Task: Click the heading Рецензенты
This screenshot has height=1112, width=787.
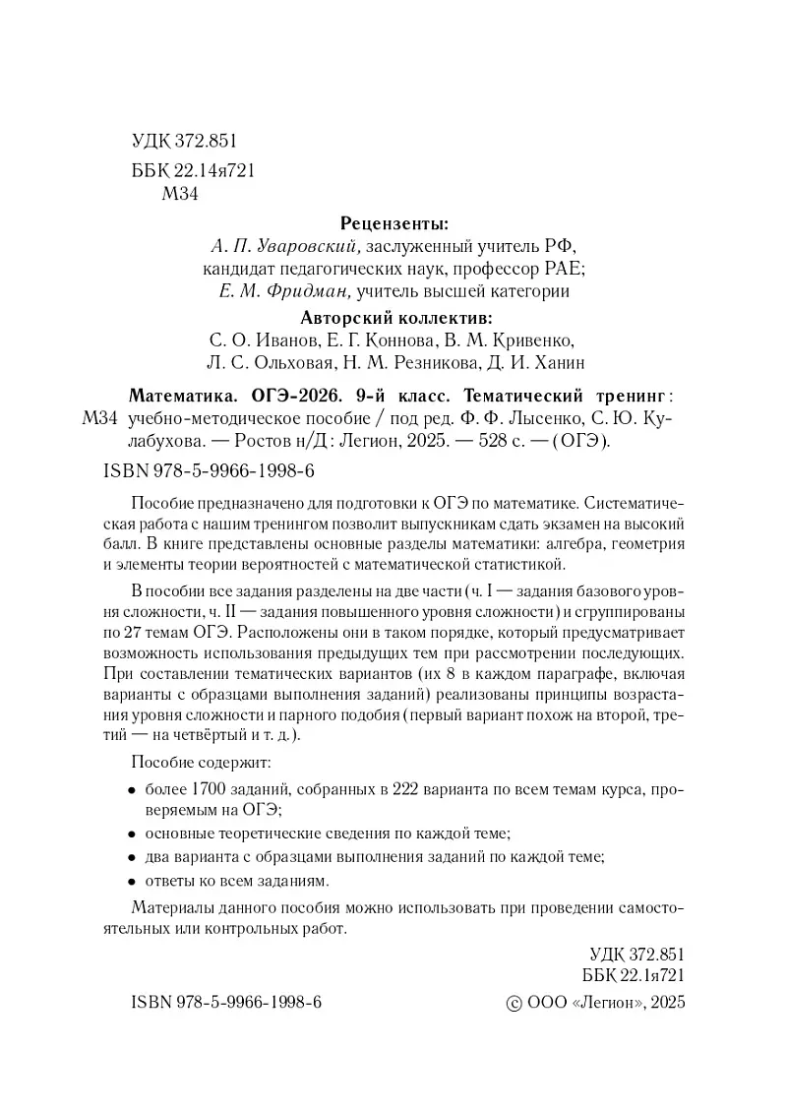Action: [x=393, y=222]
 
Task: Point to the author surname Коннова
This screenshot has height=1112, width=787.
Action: [x=383, y=340]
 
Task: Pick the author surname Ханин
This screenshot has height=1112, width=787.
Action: [x=555, y=363]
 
